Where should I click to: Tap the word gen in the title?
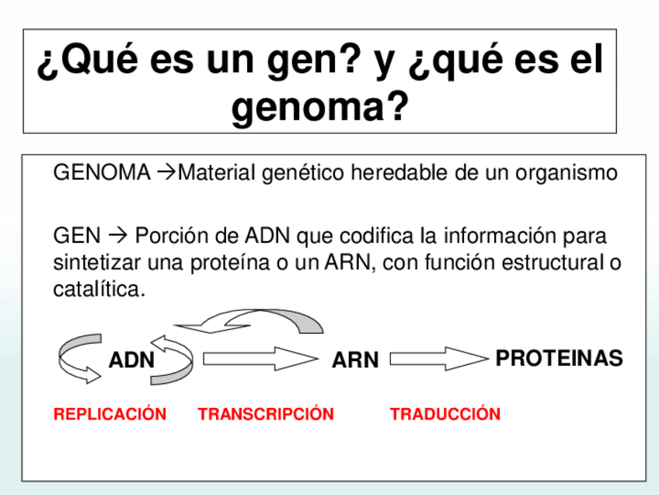coord(301,62)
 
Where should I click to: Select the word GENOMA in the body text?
coord(102,173)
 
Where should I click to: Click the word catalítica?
coord(99,290)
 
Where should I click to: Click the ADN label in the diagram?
coord(132,360)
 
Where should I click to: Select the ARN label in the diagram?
coord(355,360)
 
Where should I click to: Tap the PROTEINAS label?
coord(559,359)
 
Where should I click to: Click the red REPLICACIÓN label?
coord(110,414)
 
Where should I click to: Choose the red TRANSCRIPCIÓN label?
coord(266,414)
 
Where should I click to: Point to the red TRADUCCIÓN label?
coord(445,414)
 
